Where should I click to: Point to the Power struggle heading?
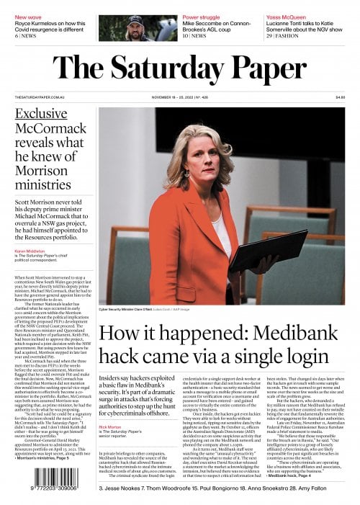coord(201,16)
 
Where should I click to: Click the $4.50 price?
coord(340,97)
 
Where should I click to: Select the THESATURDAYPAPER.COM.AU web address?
coord(39,97)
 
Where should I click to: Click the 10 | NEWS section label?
coord(194,35)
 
